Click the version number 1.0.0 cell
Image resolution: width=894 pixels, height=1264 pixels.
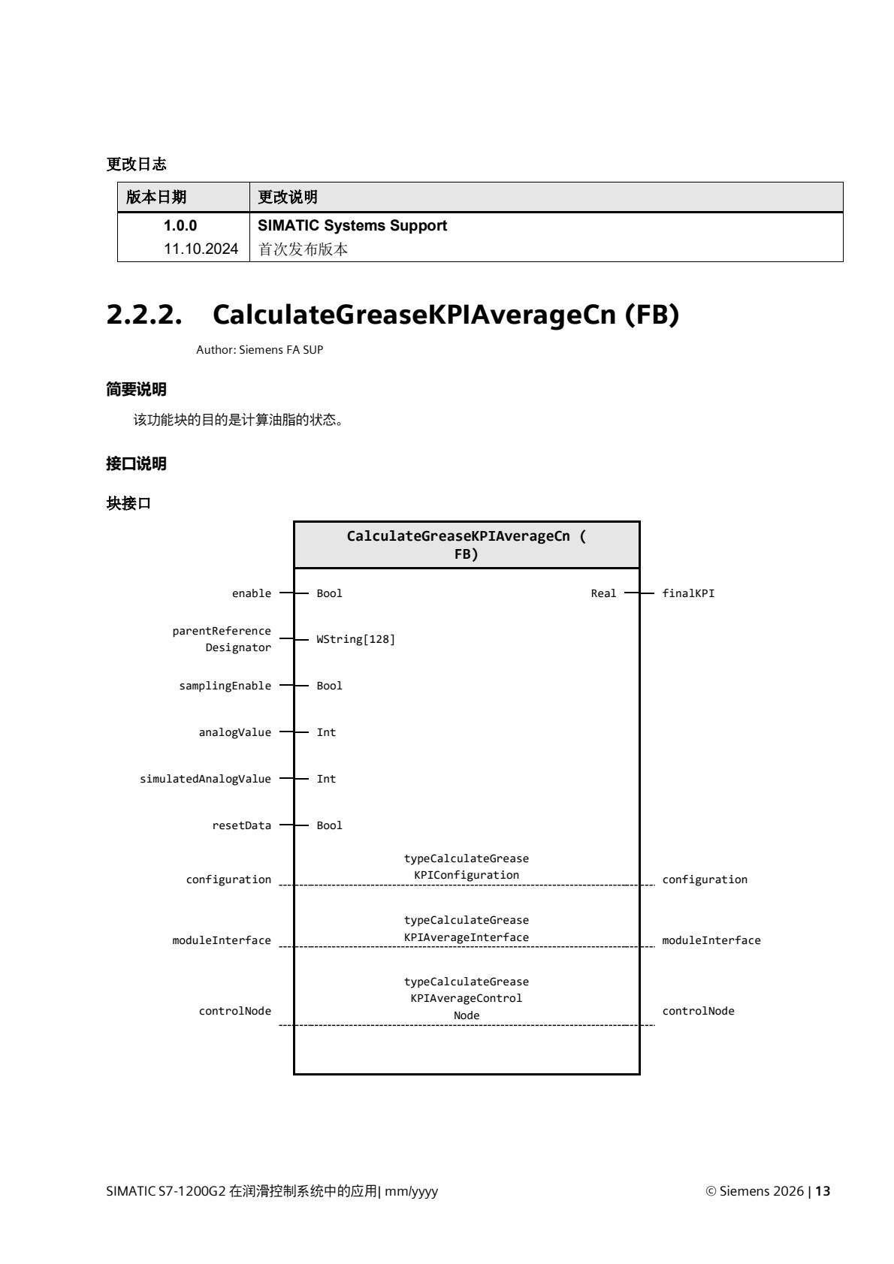coord(180,225)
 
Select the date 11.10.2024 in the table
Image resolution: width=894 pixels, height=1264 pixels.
coord(201,249)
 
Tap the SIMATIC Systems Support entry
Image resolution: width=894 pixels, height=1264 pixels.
coord(352,225)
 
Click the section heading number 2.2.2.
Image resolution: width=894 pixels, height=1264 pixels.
coord(145,315)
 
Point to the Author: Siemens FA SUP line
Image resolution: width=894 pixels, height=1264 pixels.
coord(259,350)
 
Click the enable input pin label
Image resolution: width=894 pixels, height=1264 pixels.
coord(252,593)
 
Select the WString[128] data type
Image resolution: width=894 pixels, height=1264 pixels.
coord(355,639)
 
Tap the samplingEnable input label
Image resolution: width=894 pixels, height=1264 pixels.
coord(225,686)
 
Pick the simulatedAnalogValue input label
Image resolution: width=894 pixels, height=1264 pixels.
coord(205,779)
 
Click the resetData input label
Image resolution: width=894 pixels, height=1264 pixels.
coord(241,825)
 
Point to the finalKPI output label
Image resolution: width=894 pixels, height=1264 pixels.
coord(688,593)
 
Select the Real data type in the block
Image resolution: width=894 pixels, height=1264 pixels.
coord(603,593)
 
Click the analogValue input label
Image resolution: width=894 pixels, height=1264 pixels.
coord(234,732)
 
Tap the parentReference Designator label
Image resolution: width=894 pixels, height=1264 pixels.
coord(222,639)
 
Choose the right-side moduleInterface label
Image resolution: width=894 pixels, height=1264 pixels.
coord(711,940)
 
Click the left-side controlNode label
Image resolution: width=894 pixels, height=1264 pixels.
coord(234,1011)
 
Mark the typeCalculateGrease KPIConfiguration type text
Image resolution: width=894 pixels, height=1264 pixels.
coord(466,867)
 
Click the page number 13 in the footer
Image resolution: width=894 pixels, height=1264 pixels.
coord(823,1191)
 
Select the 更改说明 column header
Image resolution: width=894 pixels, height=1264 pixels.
coord(288,197)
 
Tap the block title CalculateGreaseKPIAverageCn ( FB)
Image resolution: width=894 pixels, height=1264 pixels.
coord(466,545)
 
